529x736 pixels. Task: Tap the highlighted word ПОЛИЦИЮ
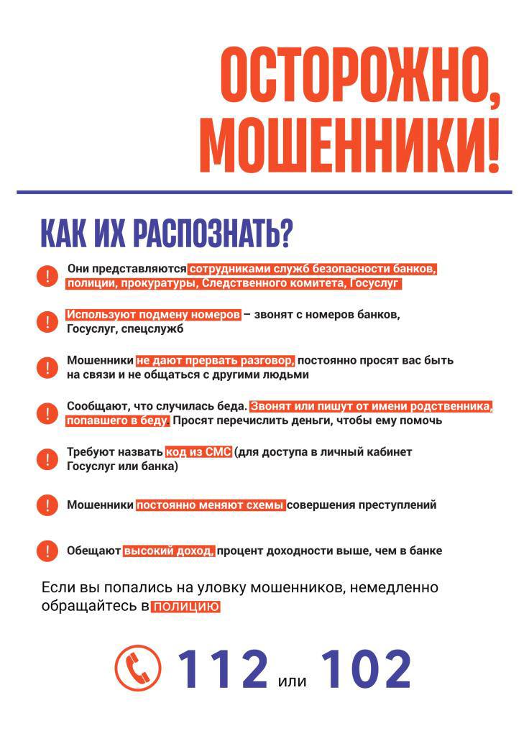point(185,607)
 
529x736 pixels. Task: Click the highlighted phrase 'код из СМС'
point(198,452)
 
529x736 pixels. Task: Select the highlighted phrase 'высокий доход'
point(169,551)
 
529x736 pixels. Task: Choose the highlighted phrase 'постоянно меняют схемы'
point(211,505)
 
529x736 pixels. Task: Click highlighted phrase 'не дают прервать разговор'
point(215,360)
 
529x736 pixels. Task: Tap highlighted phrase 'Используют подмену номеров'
point(153,315)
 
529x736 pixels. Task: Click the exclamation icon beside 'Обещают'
point(47,551)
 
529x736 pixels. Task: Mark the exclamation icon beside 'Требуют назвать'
point(47,459)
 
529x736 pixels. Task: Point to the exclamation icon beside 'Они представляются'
point(47,276)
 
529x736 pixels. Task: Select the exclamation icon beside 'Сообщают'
point(47,413)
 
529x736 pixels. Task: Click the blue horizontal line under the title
point(264,192)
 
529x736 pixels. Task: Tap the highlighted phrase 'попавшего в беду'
point(118,420)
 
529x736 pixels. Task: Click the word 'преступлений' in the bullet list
point(398,505)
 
